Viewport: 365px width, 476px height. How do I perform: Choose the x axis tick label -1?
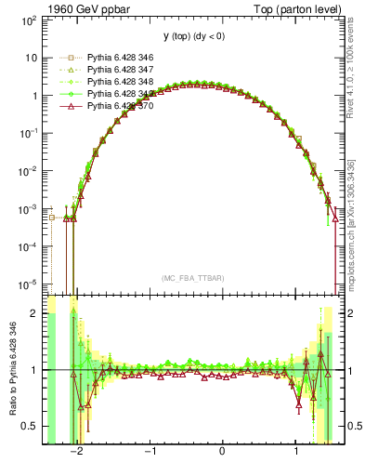(x=150, y=453)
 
